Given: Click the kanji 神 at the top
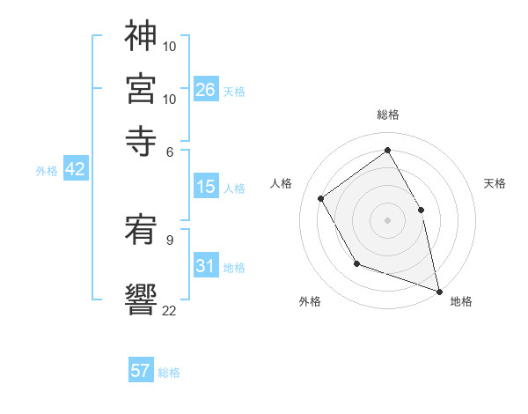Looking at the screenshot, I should coord(141,38).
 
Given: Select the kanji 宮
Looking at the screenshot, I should coord(141,88).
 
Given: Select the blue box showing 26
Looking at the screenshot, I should coord(206,90).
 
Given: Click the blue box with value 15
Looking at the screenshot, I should coord(206,187).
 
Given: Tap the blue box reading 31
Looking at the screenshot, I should coord(206,266).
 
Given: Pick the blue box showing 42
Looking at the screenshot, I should coord(75,170).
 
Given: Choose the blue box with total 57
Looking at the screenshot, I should coord(141,371).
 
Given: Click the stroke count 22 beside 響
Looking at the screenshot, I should coord(170,310).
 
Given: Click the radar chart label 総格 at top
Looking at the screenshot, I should coord(388,115).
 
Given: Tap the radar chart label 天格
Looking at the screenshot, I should coord(495,183).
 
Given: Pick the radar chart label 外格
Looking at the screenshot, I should coord(310,301).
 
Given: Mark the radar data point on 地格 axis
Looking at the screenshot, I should coord(439,290).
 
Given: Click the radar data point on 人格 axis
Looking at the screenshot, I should coord(321,198).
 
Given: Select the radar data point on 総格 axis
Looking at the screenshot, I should coord(388,150).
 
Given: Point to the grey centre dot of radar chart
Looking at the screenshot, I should coord(388,219).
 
